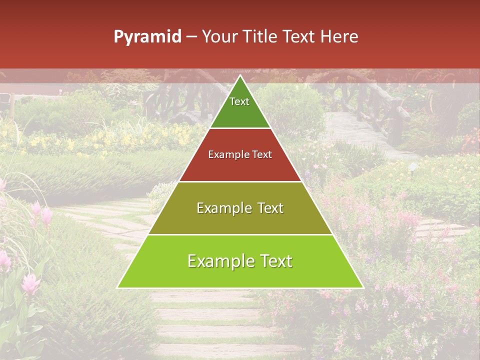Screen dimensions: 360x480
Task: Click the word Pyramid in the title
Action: coord(147,37)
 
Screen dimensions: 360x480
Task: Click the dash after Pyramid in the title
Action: coord(191,37)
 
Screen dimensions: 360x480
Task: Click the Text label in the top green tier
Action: coord(239,101)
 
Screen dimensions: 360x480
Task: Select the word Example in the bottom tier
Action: coord(219,261)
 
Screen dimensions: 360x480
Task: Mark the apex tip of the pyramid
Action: coord(240,76)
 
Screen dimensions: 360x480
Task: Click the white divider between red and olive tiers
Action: coord(240,181)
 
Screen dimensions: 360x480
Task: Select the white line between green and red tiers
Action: coord(240,128)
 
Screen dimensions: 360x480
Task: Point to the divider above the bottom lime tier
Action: coord(240,234)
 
